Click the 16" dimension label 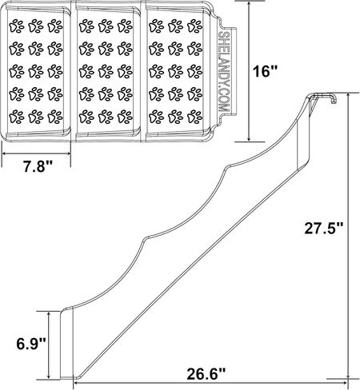pos(266,71)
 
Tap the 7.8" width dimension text pos(37,167)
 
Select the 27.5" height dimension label pos(324,229)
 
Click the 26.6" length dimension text pos(206,374)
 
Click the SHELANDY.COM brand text pos(223,72)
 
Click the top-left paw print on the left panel pos(17,26)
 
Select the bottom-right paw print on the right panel pos(195,117)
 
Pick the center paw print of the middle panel pos(106,71)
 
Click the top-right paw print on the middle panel pos(125,26)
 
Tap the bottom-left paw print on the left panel pos(17,117)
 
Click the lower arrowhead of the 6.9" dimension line pos(49,376)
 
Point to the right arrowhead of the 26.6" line pos(345,383)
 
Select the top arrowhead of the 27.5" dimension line pos(348,97)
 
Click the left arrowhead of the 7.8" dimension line pos(5,153)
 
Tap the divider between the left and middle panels pos(74,71)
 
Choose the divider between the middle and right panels pos(143,71)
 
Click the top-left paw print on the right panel pos(156,26)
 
